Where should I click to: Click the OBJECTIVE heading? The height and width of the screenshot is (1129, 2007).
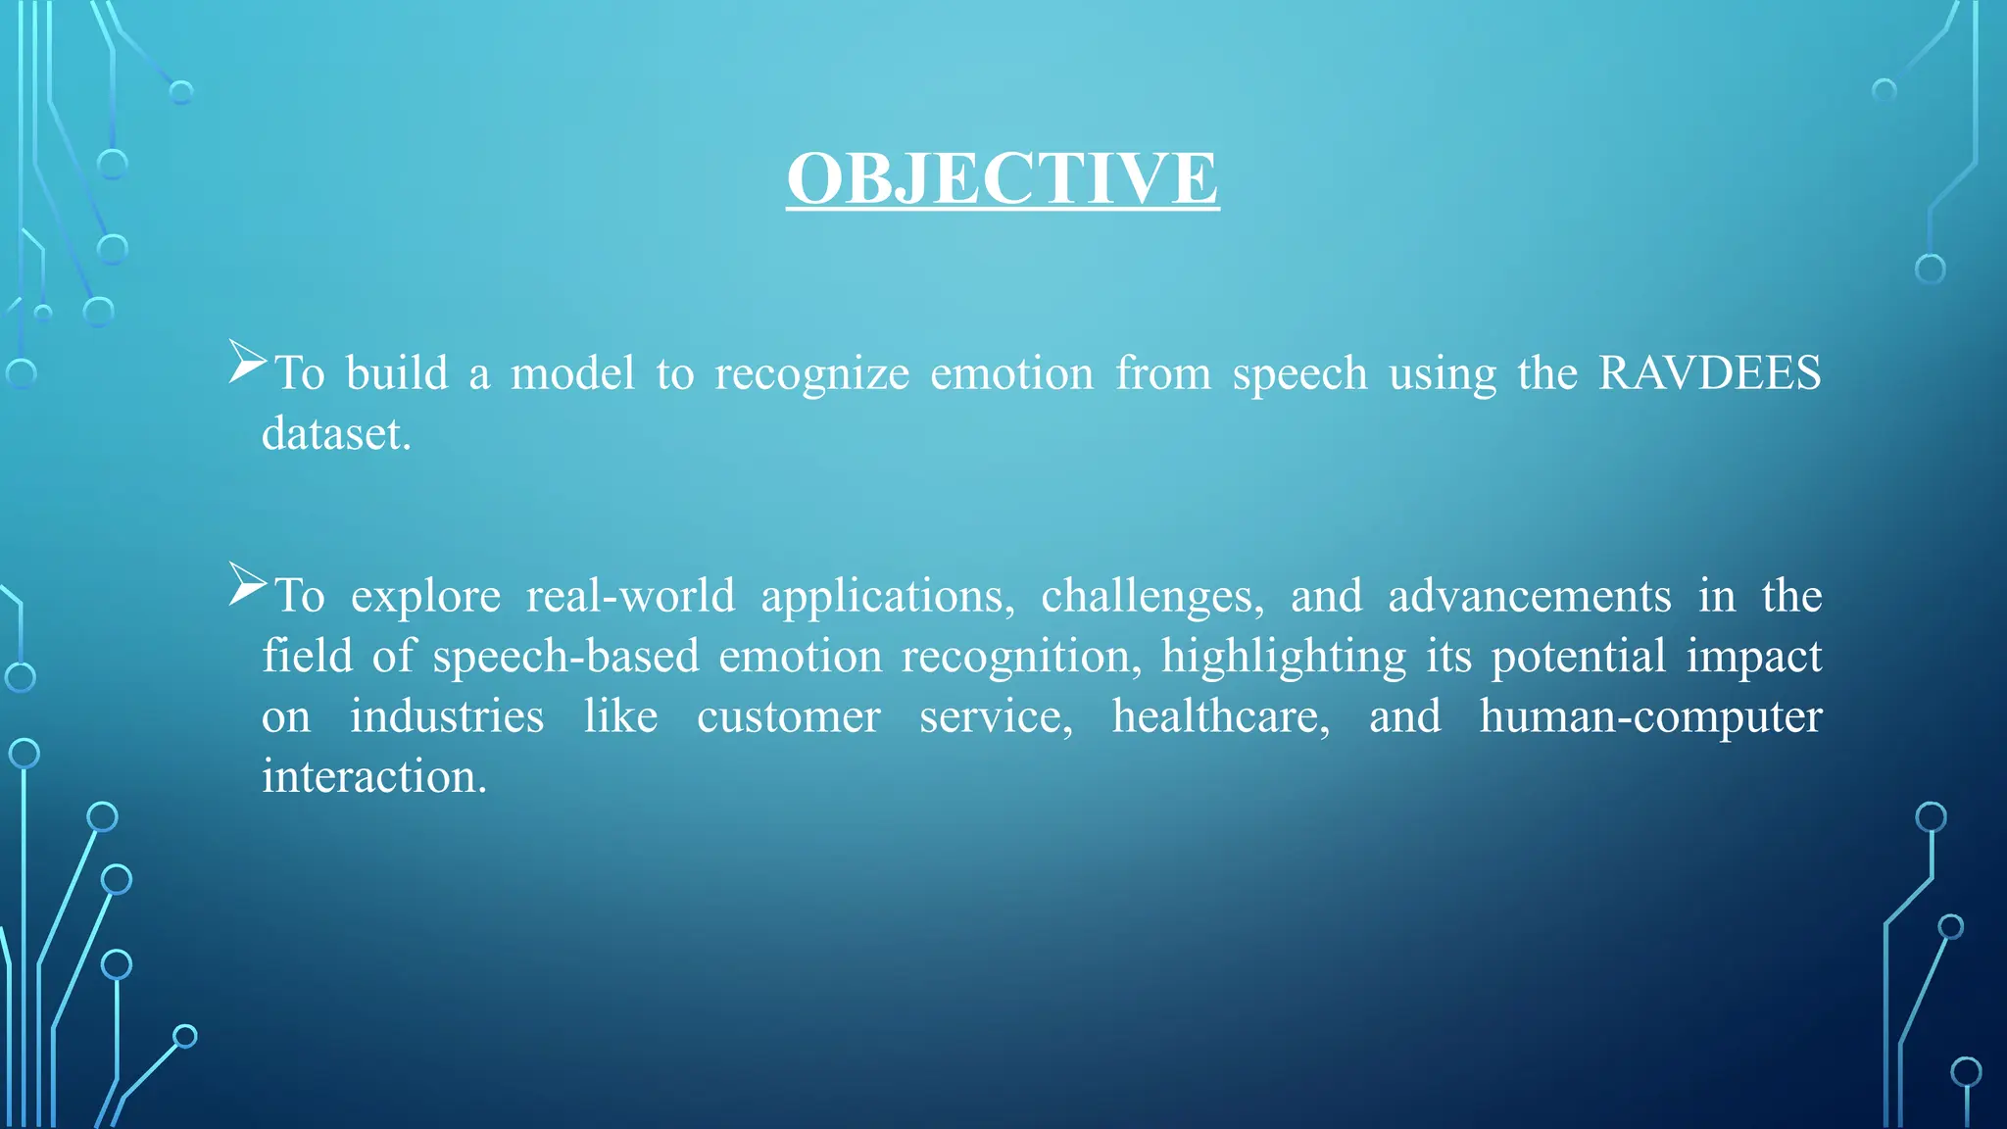pyautogui.click(x=1003, y=178)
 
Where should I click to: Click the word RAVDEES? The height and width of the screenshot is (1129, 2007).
pyautogui.click(x=1709, y=373)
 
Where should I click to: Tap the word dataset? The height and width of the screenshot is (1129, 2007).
pyautogui.click(x=335, y=434)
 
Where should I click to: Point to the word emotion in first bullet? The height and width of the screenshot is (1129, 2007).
pyautogui.click(x=1011, y=373)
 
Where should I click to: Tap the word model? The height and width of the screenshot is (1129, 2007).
pyautogui.click(x=572, y=373)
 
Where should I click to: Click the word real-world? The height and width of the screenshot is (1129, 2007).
pyautogui.click(x=630, y=597)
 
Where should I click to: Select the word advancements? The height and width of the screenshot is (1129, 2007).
pyautogui.click(x=1529, y=597)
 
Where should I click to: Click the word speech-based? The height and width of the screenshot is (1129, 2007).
pyautogui.click(x=565, y=658)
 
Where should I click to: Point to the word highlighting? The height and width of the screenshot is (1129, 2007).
pyautogui.click(x=1283, y=658)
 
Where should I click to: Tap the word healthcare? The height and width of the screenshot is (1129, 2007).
pyautogui.click(x=1220, y=717)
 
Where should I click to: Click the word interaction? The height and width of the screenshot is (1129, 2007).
pyautogui.click(x=373, y=777)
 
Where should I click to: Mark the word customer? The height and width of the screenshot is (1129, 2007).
pyautogui.click(x=788, y=717)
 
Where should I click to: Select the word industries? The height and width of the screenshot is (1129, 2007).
pyautogui.click(x=447, y=716)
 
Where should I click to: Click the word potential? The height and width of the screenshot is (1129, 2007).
pyautogui.click(x=1578, y=658)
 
